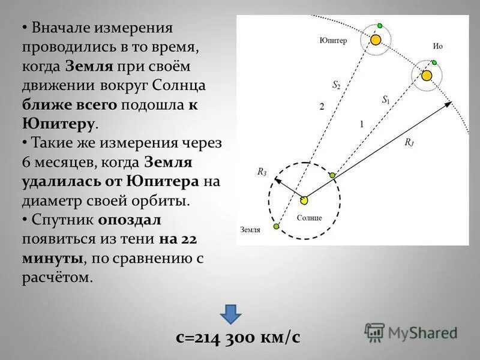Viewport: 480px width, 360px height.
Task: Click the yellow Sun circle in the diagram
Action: (x=304, y=199)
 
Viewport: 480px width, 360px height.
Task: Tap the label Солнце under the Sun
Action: (x=310, y=217)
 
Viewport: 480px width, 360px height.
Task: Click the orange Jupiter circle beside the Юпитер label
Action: (x=376, y=40)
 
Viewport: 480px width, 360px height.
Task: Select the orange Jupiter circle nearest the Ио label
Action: (x=427, y=76)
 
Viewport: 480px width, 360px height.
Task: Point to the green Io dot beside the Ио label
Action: (x=433, y=62)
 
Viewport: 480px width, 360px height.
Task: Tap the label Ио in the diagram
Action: (x=437, y=46)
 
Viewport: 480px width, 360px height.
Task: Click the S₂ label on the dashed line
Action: (x=337, y=85)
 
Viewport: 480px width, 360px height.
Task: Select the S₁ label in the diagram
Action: (x=386, y=100)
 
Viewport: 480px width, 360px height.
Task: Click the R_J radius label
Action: (x=409, y=142)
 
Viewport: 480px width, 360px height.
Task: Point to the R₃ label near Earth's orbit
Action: (x=262, y=172)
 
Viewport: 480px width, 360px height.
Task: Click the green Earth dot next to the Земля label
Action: (x=276, y=226)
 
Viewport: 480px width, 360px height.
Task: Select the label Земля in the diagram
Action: (x=250, y=229)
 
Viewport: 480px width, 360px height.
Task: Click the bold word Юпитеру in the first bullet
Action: (x=58, y=124)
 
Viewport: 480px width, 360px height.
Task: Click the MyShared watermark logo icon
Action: (x=375, y=332)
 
